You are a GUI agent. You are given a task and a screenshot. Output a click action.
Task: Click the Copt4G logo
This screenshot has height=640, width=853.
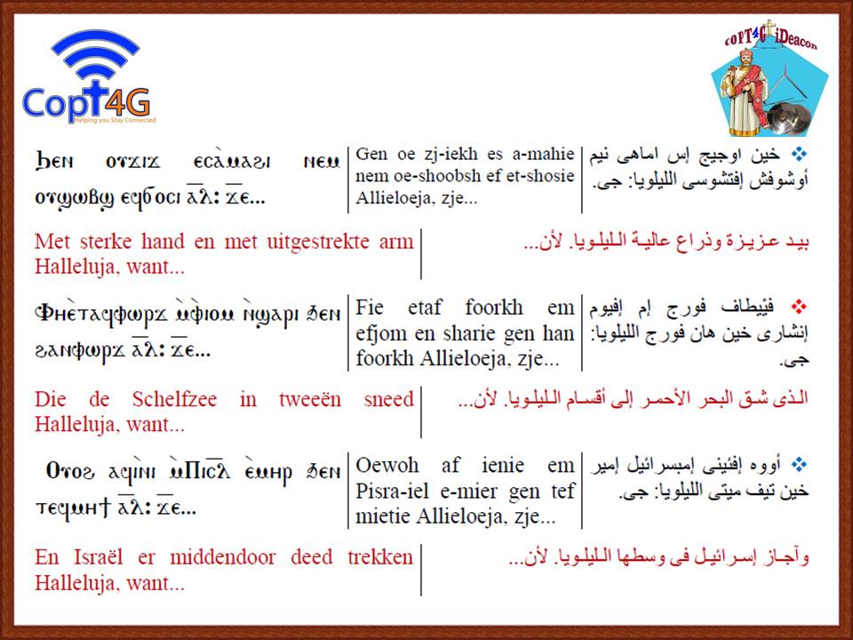click(x=90, y=76)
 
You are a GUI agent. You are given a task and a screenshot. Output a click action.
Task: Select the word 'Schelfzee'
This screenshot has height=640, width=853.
click(x=174, y=399)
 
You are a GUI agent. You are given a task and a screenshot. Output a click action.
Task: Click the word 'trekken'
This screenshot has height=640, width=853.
click(x=381, y=557)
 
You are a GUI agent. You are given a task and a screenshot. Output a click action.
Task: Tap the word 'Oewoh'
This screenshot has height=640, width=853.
click(x=387, y=465)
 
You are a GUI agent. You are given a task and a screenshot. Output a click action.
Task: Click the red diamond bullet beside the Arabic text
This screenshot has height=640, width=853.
click(x=799, y=308)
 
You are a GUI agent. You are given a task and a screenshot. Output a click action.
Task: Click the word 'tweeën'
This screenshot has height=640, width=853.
click(x=310, y=399)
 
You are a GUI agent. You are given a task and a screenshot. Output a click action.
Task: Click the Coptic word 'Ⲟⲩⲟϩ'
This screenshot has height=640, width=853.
click(x=70, y=471)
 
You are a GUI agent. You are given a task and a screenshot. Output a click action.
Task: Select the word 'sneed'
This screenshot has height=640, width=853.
click(x=389, y=399)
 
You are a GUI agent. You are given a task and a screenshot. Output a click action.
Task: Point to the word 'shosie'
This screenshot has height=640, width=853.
click(x=551, y=176)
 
